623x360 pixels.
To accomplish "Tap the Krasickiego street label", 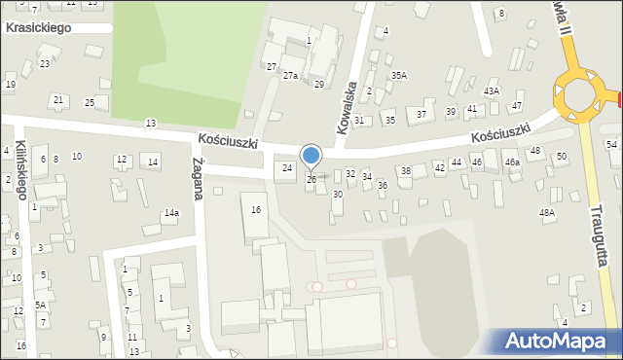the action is coord(38,28).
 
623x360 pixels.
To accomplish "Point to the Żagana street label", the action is coord(198,179).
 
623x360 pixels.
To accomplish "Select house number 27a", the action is coord(290,75).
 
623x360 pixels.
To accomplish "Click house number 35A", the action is coord(399,75).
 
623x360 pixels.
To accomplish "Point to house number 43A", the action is coord(492,90).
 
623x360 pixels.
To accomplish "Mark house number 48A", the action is coord(547,212).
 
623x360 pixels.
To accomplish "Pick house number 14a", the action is coord(171,212).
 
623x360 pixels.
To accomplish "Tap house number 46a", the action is coord(511,163).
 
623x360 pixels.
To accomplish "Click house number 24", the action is coord(287,168).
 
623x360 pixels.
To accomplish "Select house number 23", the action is coord(45,64).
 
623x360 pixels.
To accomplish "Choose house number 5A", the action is coord(41,305).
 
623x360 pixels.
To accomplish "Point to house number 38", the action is coord(406,171).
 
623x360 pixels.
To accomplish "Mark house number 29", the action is coord(318,85).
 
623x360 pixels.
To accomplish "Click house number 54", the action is coord(611,144).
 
